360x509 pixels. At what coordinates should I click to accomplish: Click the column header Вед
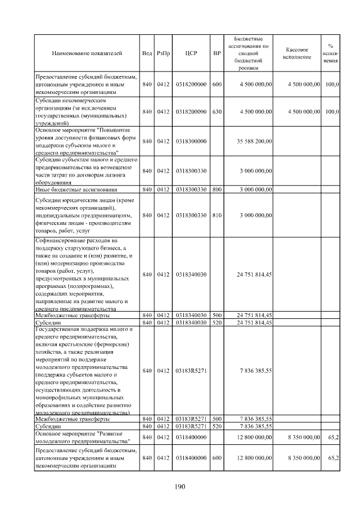tap(147, 53)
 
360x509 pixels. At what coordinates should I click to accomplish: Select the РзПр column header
tap(163, 53)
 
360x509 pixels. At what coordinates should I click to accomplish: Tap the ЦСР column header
tap(191, 53)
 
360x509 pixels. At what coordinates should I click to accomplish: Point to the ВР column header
tap(217, 53)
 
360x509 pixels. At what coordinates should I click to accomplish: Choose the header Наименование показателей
tap(87, 53)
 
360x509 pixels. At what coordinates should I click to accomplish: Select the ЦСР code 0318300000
tap(191, 141)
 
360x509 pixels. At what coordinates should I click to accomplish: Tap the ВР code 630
tap(217, 112)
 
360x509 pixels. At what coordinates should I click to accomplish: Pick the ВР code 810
tap(217, 215)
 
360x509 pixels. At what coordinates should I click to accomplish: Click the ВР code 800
tap(217, 190)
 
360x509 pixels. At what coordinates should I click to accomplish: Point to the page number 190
tap(180, 487)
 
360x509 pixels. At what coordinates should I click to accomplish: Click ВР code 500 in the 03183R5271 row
tap(217, 419)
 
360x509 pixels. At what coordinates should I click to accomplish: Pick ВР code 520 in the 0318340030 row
tap(217, 323)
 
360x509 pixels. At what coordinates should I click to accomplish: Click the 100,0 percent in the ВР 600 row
tap(332, 84)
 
